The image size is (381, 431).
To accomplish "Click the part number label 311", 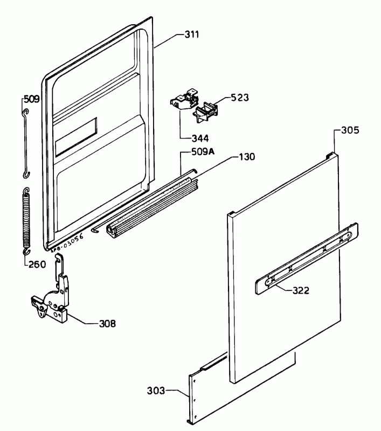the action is (x=192, y=34).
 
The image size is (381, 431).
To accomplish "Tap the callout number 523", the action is (x=240, y=98).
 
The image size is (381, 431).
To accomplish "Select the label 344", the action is (x=200, y=138).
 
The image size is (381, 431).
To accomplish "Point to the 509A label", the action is (x=203, y=151).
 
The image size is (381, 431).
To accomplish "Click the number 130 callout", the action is (x=247, y=157).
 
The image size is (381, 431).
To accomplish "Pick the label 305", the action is (x=350, y=130).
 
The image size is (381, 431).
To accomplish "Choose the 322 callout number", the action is (x=301, y=290).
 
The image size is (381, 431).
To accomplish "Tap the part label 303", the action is (x=156, y=390).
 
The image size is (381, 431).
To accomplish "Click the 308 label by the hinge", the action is (x=107, y=324).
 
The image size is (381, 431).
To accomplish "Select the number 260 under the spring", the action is (x=37, y=265).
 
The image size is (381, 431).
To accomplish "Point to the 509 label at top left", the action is (x=32, y=99).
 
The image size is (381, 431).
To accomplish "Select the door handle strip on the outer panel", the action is (x=307, y=259).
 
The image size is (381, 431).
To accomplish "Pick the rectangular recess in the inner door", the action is (x=76, y=137).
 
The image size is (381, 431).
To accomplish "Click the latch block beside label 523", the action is (x=206, y=113).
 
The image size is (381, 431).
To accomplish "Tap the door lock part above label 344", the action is (x=184, y=100).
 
